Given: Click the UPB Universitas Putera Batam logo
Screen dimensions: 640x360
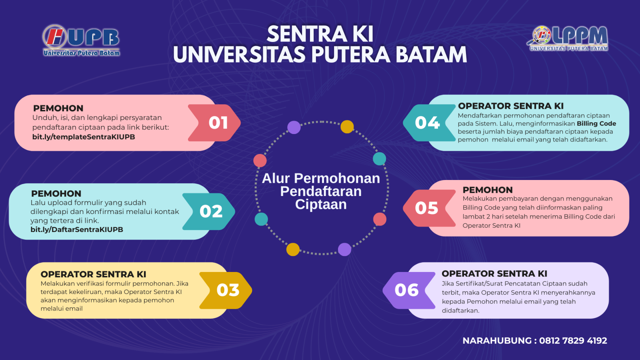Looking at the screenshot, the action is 81,40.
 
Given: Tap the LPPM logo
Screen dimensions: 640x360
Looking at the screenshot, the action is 568,38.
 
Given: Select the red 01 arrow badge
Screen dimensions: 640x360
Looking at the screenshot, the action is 214,123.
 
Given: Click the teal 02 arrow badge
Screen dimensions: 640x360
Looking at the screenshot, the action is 209,212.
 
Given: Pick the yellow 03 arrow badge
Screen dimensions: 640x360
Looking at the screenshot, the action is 226,290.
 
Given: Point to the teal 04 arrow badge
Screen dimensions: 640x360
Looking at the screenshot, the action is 430,123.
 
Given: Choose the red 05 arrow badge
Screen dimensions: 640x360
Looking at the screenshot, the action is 430,208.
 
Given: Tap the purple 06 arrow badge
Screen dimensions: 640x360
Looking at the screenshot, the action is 409,290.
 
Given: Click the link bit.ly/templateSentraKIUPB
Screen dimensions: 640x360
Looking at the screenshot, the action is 84,137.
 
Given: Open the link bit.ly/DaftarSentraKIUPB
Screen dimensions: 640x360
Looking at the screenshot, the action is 77,230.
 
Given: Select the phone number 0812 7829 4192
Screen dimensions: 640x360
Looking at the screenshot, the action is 573,340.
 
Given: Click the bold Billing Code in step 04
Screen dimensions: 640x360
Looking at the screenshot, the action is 596,124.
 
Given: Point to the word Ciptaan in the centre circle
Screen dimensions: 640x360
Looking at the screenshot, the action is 321,204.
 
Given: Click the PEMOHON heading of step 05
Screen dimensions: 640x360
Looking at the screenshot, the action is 488,190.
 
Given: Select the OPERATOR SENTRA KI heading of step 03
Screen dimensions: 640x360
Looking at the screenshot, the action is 94,274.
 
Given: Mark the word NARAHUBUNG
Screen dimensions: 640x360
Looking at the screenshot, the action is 497,340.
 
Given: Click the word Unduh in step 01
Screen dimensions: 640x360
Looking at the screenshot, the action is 42,118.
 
